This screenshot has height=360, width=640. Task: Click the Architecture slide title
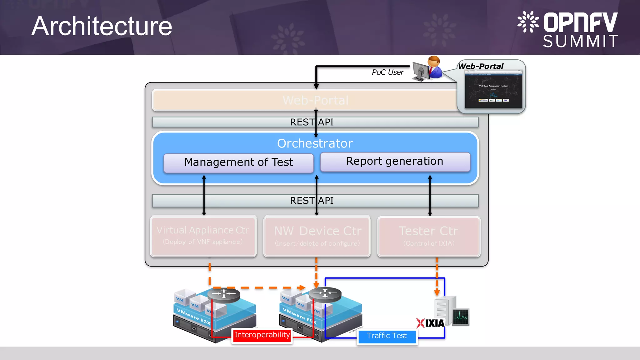[x=102, y=26]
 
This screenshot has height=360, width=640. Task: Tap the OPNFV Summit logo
[x=568, y=29]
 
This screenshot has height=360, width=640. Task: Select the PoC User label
[x=387, y=72]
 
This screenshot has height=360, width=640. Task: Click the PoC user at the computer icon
[x=427, y=69]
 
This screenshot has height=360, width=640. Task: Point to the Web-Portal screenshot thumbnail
[x=493, y=89]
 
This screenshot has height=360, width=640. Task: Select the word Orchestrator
[x=315, y=143]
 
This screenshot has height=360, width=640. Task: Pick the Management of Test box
[x=238, y=162]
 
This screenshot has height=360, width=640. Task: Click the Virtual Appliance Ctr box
[x=203, y=236]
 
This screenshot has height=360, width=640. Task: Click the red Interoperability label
[x=262, y=335]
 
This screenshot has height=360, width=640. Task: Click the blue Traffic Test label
[x=387, y=336]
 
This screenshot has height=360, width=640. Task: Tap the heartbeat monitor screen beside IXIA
[x=461, y=317]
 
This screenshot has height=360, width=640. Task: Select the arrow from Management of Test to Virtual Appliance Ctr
[x=204, y=195]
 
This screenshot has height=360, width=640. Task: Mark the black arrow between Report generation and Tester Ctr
[x=430, y=195]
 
